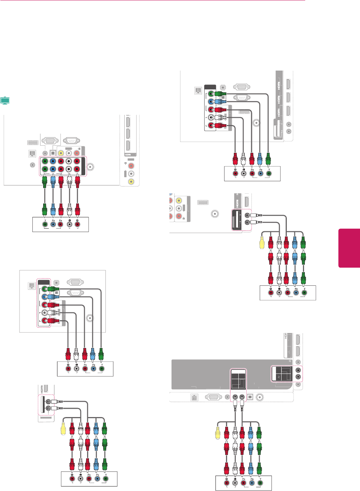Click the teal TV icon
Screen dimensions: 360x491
5,100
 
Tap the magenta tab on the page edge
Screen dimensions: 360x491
349,248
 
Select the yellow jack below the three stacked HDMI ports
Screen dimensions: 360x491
131,181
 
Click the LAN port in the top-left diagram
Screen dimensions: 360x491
32,154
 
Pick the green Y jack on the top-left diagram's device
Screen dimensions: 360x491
45,224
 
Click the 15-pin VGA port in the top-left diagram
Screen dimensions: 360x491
50,141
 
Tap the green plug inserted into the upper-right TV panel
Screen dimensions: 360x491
221,94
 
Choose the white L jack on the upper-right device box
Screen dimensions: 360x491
244,173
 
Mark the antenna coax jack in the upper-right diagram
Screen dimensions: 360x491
257,122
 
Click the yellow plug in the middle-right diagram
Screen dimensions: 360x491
262,243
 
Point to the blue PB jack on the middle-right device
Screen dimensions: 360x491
296,292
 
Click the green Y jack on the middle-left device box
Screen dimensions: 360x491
101,369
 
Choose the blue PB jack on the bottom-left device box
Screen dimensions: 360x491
98,479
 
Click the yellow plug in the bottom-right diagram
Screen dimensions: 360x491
218,434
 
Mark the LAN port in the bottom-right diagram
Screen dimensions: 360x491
194,398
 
